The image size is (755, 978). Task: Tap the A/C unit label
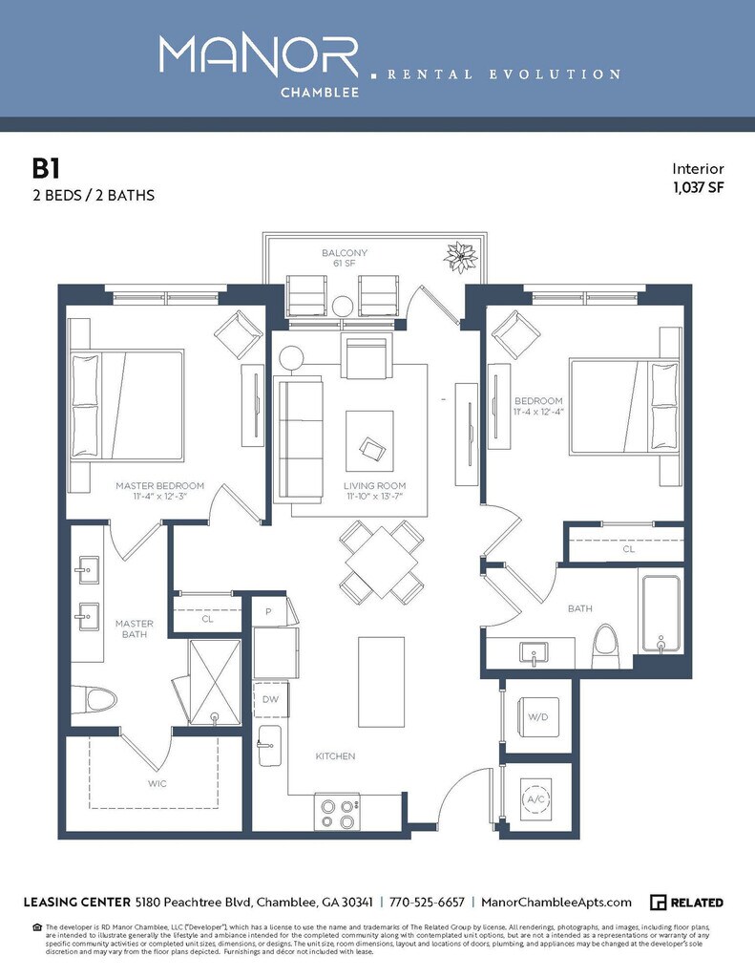pos(533,799)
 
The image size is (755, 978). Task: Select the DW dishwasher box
pos(269,700)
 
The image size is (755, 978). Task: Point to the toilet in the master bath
pos(96,700)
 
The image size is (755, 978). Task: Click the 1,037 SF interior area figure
pos(698,187)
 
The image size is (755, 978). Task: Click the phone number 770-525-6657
pos(428,903)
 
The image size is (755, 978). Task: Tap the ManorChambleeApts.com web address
pos(556,903)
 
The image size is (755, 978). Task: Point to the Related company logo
pos(686,903)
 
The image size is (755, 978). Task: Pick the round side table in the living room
pos(291,358)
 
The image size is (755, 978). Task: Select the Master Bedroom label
pos(160,486)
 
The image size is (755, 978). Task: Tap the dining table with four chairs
pos(382,563)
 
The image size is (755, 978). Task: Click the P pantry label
pos(270,611)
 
